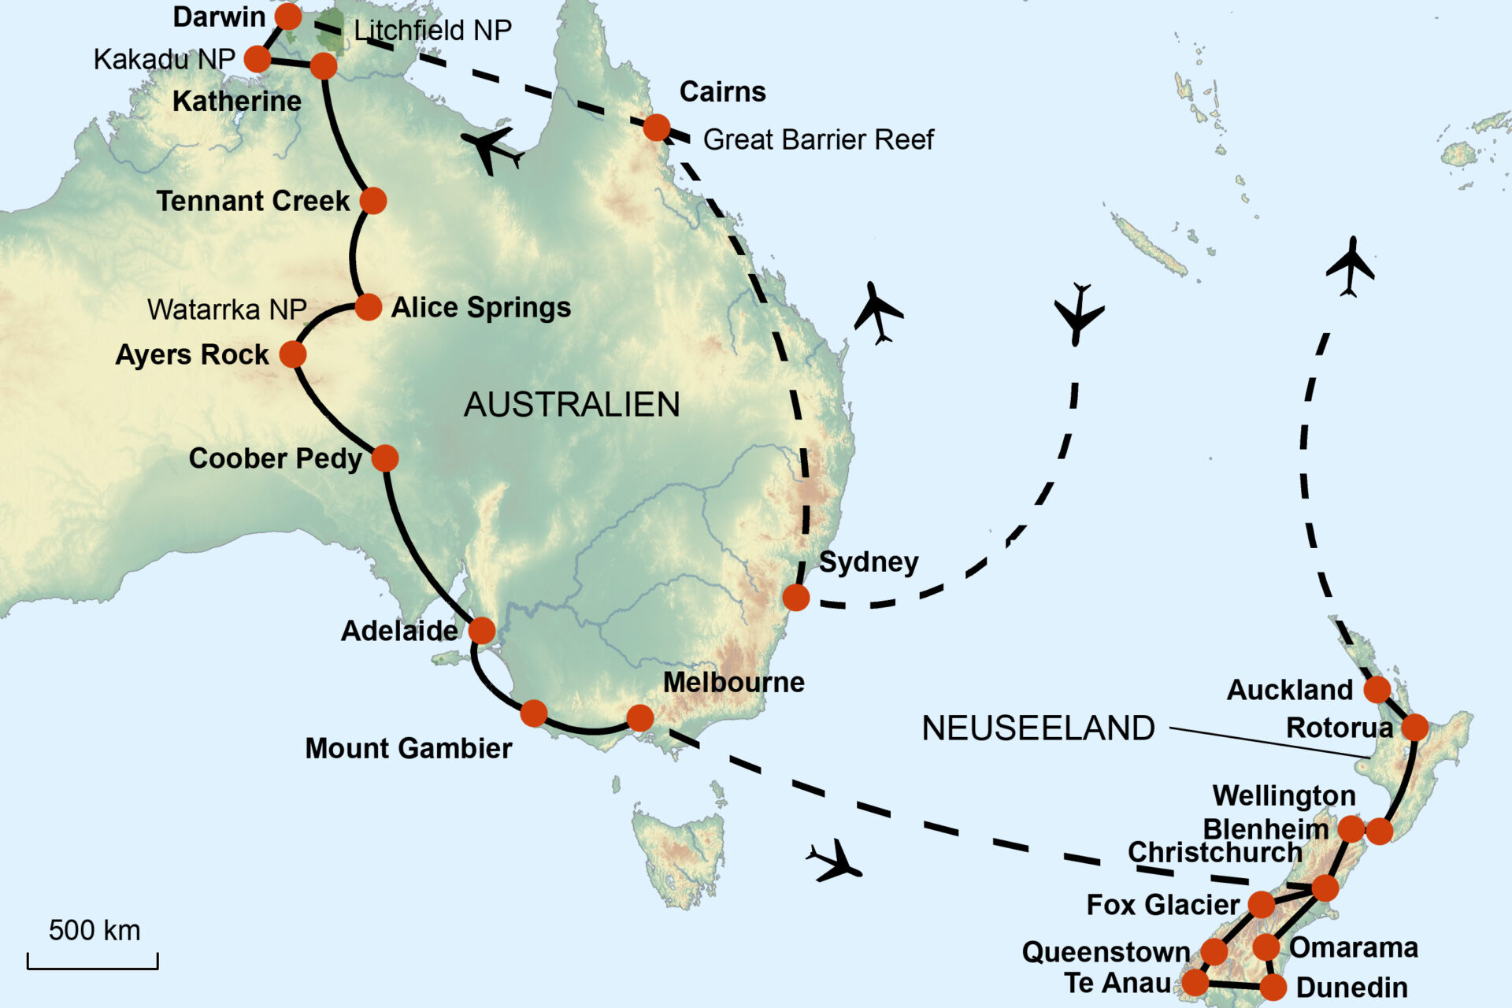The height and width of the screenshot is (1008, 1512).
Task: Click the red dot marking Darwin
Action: [288, 16]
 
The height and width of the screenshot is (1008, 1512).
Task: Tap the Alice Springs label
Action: [480, 307]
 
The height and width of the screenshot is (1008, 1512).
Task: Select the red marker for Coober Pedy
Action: [385, 458]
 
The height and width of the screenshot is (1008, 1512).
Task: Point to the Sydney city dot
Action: [796, 597]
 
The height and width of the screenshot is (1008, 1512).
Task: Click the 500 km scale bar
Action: [93, 961]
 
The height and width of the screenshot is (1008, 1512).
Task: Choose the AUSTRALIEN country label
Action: [572, 405]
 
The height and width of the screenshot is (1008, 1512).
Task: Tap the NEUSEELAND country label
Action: [1038, 728]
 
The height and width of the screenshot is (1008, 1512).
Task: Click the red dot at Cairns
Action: [657, 127]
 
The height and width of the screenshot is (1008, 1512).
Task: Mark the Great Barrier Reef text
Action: [817, 139]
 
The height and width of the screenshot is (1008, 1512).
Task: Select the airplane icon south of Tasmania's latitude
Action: [835, 861]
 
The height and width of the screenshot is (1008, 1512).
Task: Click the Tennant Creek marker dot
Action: [373, 201]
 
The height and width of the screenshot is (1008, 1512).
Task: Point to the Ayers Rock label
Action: [192, 354]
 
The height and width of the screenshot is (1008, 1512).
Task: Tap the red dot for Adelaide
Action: [482, 630]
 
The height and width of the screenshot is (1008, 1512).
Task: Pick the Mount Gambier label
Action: [408, 748]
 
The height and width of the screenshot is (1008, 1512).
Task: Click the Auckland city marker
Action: [1377, 690]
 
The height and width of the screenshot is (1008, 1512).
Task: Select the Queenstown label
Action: [1106, 952]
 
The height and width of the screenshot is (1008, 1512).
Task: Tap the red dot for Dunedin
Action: [1273, 987]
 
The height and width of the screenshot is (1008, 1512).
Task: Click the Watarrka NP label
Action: [227, 309]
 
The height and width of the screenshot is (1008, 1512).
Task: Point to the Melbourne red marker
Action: [640, 717]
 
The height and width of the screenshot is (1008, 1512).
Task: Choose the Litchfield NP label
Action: [432, 31]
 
